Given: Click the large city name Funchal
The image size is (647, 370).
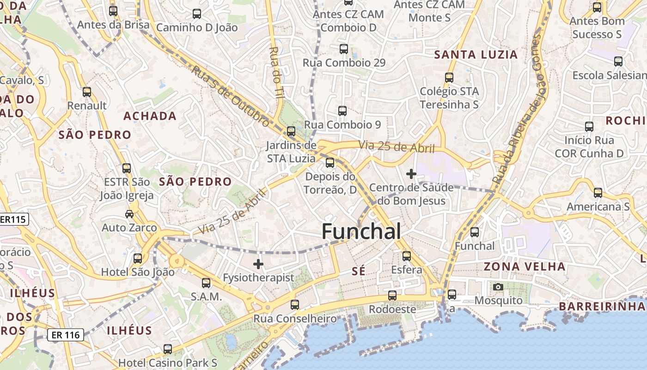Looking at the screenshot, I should (x=361, y=231).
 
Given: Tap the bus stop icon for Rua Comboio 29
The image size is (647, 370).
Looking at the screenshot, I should (x=343, y=49).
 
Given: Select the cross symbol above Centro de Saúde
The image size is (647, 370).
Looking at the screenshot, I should (x=411, y=174).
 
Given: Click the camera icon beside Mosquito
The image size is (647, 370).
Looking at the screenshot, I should (x=498, y=287).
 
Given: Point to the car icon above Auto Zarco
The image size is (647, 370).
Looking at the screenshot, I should (x=129, y=214).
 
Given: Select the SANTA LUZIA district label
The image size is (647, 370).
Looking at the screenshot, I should (x=476, y=55).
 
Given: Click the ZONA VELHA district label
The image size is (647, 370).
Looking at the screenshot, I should (x=525, y=266).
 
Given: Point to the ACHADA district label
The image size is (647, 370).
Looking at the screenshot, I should (x=150, y=116).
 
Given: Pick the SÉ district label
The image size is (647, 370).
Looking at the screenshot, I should (x=359, y=271).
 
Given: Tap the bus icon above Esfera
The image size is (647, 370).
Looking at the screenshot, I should (x=406, y=256).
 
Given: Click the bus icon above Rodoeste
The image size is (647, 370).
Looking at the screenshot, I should (x=392, y=295).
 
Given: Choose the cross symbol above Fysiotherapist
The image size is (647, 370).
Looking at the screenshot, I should (x=258, y=264).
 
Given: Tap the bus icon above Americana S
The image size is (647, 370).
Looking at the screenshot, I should (x=598, y=193).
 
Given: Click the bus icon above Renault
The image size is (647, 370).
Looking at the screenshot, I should (x=87, y=92).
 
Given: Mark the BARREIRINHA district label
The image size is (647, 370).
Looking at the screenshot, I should (x=602, y=306).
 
